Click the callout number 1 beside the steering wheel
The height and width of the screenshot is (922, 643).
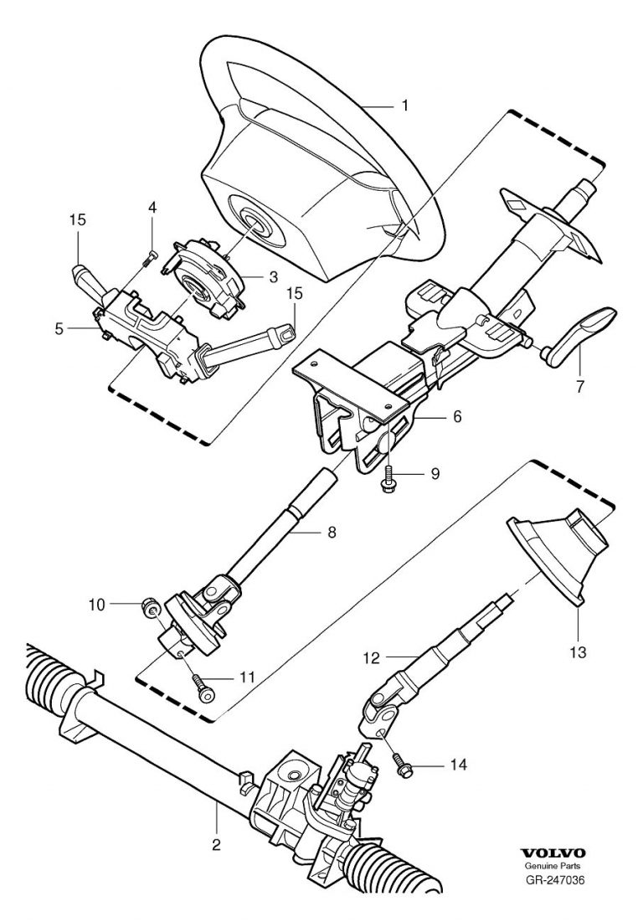click(x=405, y=106)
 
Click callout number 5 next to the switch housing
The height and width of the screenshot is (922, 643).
click(x=59, y=329)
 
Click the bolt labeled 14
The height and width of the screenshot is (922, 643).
click(x=402, y=765)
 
